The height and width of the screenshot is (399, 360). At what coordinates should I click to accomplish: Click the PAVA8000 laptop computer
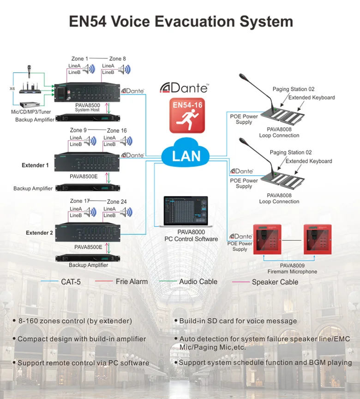186,212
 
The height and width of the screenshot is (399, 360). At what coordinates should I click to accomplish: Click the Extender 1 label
35,165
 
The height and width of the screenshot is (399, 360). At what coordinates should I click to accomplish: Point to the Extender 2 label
39,233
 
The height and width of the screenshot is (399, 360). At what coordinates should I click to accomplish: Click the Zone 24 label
116,202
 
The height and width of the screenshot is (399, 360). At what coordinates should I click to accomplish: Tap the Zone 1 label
78,59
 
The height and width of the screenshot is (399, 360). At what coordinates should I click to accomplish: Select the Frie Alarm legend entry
132,281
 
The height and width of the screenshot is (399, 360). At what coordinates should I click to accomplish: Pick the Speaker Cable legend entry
275,282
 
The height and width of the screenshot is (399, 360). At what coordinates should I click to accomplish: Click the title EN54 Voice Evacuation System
180,22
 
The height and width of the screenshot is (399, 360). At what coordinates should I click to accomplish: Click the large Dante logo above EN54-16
184,87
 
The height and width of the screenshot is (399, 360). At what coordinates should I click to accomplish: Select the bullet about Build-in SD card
235,321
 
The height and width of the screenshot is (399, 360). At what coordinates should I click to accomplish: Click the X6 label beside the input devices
12,88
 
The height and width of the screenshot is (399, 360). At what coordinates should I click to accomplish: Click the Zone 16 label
116,131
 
